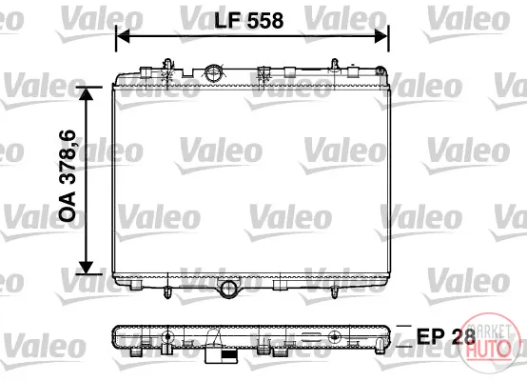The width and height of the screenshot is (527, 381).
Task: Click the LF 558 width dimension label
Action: click(248, 20)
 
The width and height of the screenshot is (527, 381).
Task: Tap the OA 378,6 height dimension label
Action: click(67, 175)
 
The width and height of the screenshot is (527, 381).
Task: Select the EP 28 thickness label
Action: click(445, 335)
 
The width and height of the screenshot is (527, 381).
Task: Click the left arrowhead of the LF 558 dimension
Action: click(123, 36)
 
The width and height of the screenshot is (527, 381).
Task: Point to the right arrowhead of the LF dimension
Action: click(381, 36)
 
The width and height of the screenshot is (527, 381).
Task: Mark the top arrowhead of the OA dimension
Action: click(87, 93)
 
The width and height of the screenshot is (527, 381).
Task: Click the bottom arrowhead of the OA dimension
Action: click(87, 268)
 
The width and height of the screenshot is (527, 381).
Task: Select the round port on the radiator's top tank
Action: click(213, 72)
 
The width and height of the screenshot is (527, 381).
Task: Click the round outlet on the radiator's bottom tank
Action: click(229, 289)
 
